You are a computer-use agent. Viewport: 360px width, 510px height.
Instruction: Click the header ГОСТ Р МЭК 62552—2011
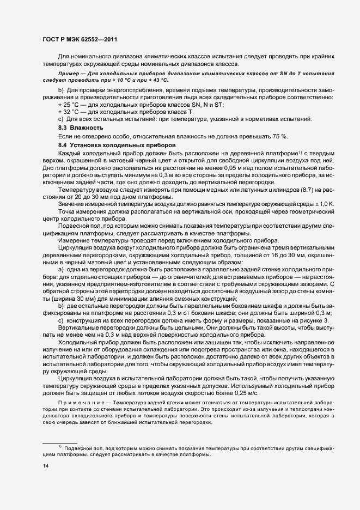80,39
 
